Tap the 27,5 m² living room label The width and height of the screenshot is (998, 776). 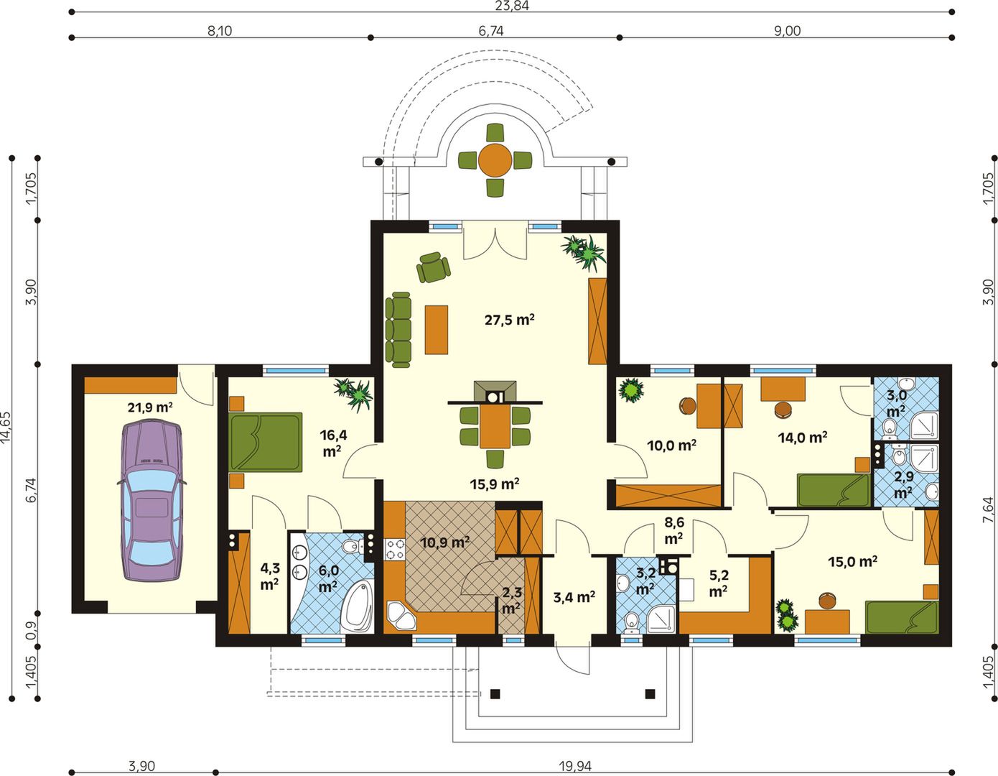[x=509, y=319]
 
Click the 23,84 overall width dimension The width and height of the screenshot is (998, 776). [x=512, y=6]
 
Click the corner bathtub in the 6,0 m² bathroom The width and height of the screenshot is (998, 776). [x=357, y=606]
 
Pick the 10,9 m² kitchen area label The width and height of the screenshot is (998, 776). [x=444, y=542]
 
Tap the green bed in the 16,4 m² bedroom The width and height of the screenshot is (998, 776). [x=266, y=442]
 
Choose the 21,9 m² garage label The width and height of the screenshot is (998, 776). [x=150, y=407]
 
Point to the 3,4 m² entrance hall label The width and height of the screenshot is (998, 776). [x=574, y=597]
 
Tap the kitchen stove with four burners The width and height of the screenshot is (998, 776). [x=394, y=549]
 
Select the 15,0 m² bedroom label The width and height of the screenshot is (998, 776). [x=852, y=561]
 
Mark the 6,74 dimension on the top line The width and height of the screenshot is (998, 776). [x=491, y=31]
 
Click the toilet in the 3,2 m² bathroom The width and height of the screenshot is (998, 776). [x=632, y=622]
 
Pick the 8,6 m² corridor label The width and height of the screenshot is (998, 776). [x=673, y=530]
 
